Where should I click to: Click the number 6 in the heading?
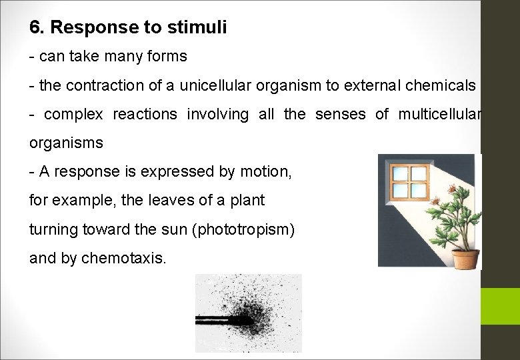point(34,27)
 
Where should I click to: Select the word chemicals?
point(441,85)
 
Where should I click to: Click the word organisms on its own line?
point(66,143)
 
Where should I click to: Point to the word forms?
point(167,57)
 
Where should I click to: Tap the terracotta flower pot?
point(465,256)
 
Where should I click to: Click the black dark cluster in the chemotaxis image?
point(254,319)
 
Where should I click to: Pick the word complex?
point(73,115)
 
